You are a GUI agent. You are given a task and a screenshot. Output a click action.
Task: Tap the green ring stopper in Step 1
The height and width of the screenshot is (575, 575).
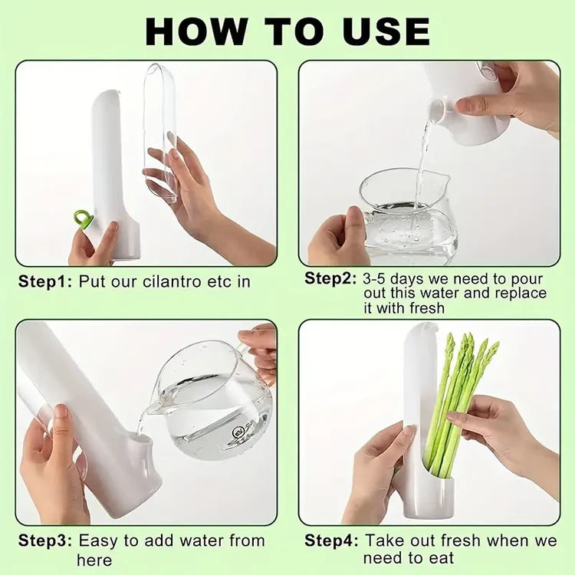click(x=83, y=219)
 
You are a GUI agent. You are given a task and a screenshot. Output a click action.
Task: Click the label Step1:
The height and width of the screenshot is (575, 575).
click(x=45, y=281)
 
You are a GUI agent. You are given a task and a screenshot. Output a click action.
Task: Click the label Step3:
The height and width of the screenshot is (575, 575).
click(x=45, y=540)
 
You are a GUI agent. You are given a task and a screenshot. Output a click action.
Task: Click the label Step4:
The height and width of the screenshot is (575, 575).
click(x=331, y=540)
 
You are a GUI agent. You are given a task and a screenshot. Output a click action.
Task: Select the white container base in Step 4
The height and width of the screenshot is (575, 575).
click(x=429, y=495)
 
